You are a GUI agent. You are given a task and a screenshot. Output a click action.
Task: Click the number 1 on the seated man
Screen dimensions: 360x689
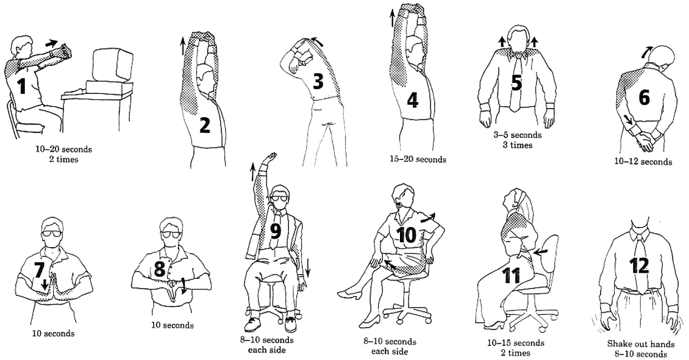[x=22, y=86]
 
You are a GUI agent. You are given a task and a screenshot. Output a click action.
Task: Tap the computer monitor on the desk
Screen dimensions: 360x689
[x=112, y=65]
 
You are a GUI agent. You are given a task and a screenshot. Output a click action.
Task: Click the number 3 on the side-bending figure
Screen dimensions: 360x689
[x=318, y=81]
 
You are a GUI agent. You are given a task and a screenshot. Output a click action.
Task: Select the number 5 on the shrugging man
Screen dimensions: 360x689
[x=516, y=82]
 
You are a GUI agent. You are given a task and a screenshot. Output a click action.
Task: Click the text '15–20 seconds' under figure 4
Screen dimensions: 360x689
[x=418, y=159]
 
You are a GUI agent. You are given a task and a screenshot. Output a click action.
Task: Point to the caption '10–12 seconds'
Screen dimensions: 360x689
[x=643, y=162]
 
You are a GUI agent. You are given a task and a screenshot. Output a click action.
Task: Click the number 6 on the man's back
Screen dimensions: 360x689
[x=643, y=97]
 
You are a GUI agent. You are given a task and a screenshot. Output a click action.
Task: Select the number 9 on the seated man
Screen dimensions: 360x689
[x=276, y=231]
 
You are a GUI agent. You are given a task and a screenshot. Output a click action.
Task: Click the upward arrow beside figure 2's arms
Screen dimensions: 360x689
[x=182, y=45]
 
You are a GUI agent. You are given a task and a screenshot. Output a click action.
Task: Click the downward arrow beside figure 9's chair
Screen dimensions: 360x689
[x=308, y=267]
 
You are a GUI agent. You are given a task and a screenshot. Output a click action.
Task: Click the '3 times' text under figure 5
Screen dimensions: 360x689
[x=517, y=145]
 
